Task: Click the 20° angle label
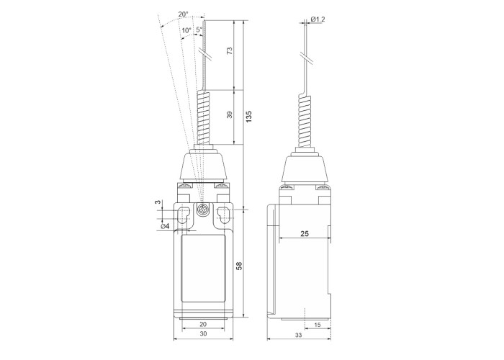184,14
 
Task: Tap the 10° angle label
186,30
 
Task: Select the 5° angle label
199,30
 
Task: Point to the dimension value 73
230,51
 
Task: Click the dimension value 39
230,114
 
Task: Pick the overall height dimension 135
249,117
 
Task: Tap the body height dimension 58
239,266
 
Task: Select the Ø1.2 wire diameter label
318,19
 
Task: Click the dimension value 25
305,234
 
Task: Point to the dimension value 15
318,325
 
